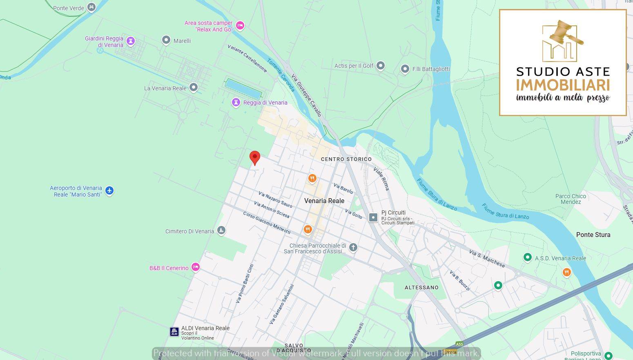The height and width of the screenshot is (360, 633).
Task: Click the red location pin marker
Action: coord(255,157)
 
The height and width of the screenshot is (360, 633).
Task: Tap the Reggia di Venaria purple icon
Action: coord(236,102)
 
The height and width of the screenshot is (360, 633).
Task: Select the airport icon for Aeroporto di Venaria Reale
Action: coord(109,190)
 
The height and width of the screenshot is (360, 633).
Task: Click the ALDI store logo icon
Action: coord(174,331)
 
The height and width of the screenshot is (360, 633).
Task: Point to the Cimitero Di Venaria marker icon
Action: coord(221,230)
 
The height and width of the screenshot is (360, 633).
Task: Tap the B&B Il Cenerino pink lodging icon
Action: coord(196,267)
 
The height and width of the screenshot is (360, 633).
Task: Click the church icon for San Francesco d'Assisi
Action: coord(353,247)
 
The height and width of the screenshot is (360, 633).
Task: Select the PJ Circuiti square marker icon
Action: coord(373,217)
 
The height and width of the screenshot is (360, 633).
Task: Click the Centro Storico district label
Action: coord(346,159)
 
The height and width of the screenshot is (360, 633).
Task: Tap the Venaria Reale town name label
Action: coord(324,201)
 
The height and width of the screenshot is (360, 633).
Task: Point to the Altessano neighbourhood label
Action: coord(421,288)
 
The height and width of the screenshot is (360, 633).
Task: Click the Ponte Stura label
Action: coord(593,235)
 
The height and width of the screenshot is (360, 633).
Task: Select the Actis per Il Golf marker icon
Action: coord(381,65)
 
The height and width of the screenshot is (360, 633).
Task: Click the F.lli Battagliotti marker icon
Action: coord(405,69)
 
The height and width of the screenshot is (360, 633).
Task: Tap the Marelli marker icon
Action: coord(166,40)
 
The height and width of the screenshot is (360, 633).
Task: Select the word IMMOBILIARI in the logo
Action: coord(563,85)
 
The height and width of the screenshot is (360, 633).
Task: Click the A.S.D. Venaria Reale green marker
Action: coord(528,257)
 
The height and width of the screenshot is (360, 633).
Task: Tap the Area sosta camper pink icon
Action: coord(240,26)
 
